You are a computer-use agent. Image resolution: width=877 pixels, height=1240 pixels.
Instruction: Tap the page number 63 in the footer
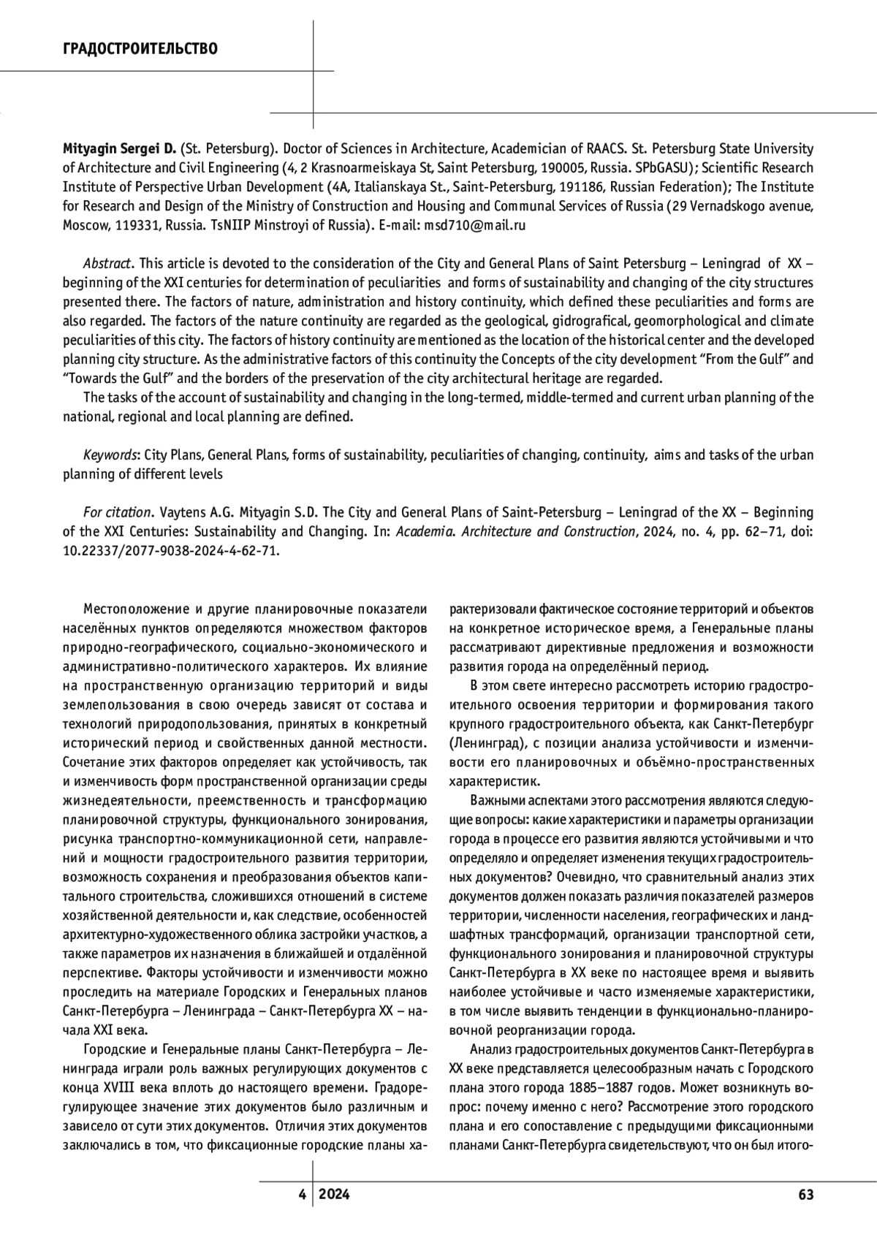[x=805, y=1195]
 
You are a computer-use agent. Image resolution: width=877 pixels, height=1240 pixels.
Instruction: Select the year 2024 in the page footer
[x=334, y=1195]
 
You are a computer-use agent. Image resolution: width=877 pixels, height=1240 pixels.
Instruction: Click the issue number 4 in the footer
[x=301, y=1195]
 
